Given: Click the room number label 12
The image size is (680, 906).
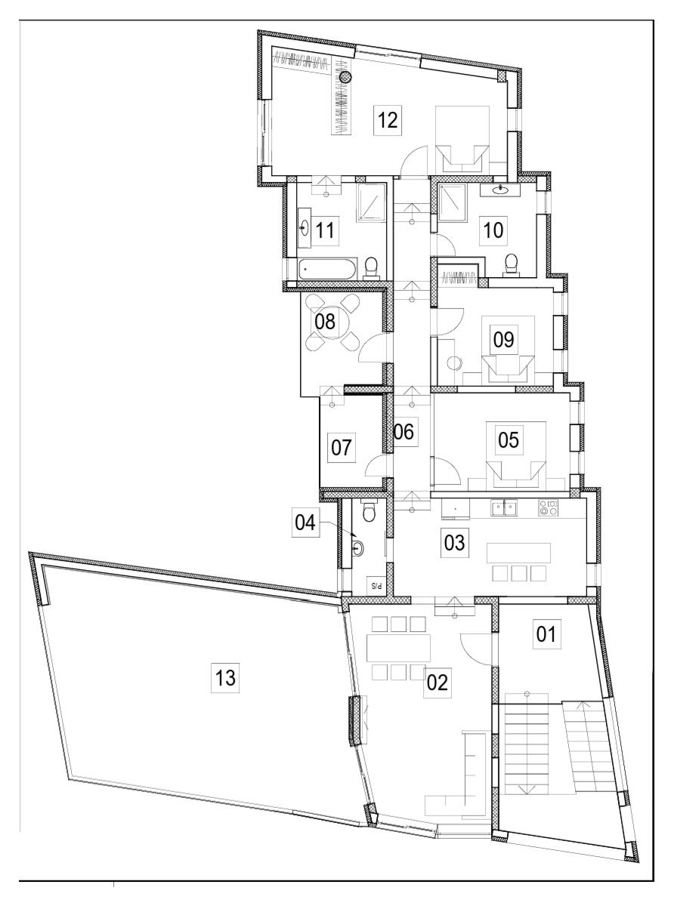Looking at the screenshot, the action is click(388, 121).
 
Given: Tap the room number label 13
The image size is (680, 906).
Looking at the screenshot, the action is click(225, 678).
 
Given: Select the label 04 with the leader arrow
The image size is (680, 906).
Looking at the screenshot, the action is click(305, 522).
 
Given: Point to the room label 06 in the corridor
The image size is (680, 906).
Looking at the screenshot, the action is click(403, 432).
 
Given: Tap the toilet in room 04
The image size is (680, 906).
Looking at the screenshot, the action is click(368, 511).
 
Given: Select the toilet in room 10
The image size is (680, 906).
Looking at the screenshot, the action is click(512, 263).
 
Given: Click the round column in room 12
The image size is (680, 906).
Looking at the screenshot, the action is click(345, 76).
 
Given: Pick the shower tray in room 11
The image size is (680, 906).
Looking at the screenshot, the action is click(371, 201).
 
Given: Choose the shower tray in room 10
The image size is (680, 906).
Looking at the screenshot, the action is click(452, 202).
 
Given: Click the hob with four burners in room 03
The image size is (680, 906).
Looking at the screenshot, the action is click(548, 507).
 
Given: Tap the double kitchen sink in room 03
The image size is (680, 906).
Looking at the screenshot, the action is click(504, 507).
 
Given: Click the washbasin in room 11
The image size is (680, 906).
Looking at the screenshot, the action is click(304, 227).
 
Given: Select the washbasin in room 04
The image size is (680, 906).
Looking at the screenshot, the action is click(358, 548).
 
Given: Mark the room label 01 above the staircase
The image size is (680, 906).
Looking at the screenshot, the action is click(546, 633).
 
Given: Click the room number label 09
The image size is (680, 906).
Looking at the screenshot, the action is click(503, 339).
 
